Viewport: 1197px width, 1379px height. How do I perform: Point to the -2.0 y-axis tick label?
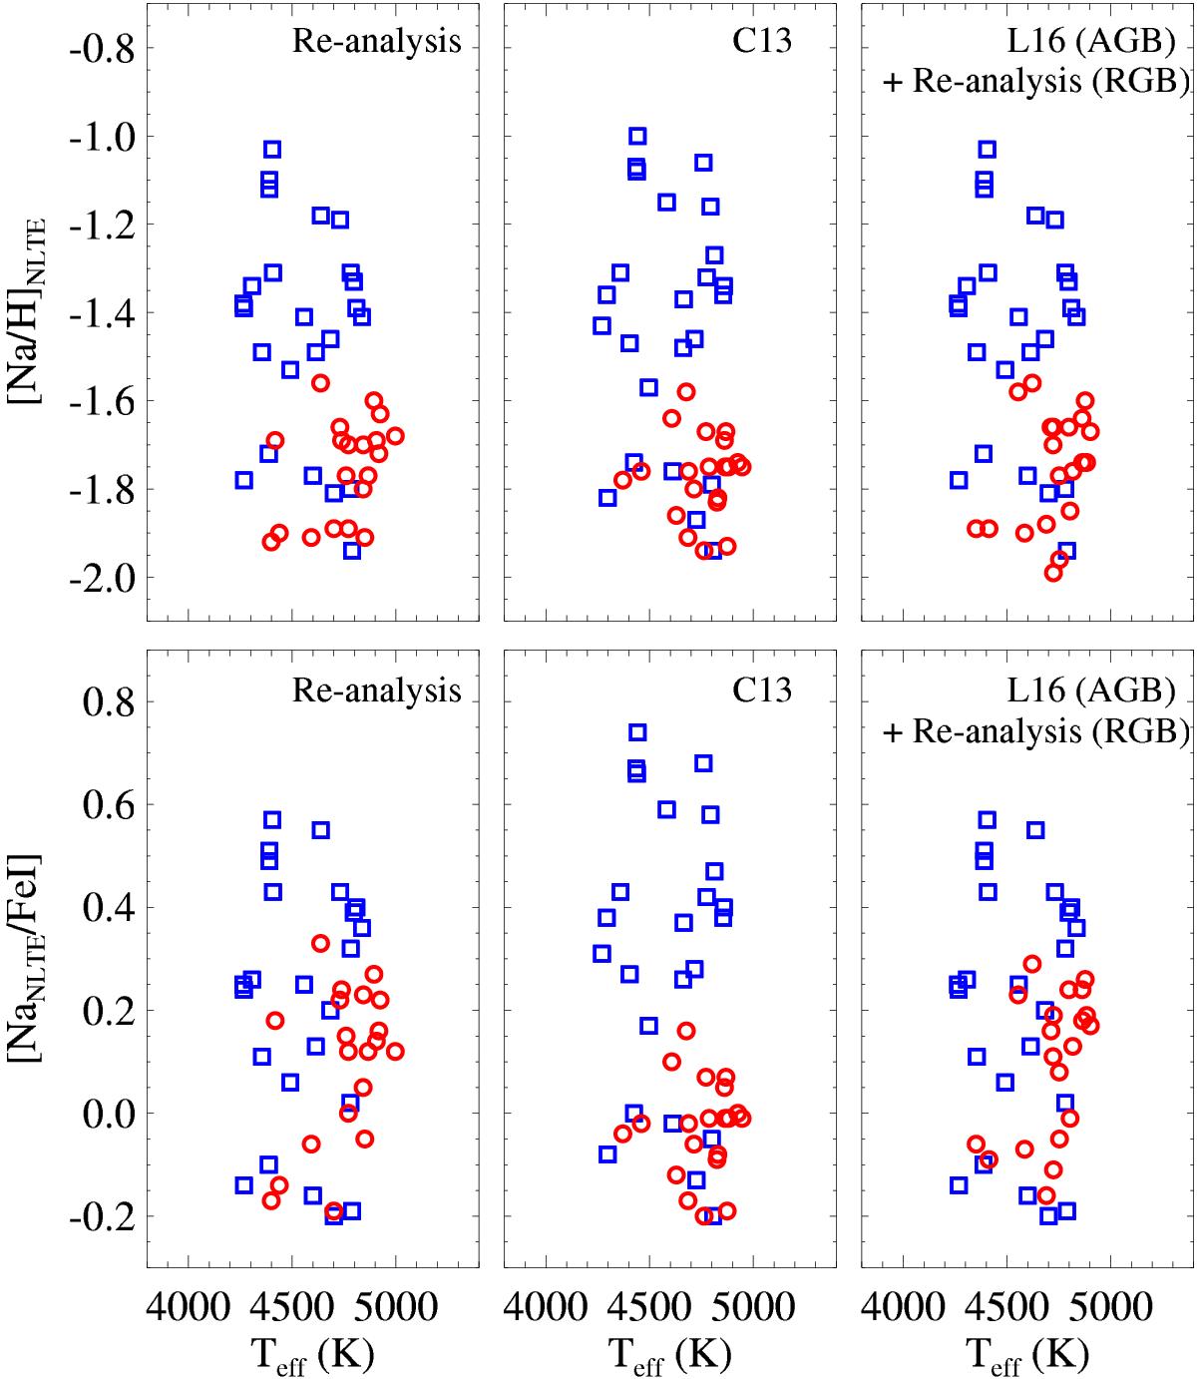99,578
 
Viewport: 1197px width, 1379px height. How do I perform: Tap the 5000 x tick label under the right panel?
1108,1303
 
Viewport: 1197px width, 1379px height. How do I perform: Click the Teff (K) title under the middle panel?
669,1351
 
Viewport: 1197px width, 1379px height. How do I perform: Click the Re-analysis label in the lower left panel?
377,690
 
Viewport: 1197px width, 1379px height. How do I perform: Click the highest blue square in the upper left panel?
271,149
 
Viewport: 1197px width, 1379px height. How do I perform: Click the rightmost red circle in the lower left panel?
395,1051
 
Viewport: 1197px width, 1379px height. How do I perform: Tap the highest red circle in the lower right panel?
1032,964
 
